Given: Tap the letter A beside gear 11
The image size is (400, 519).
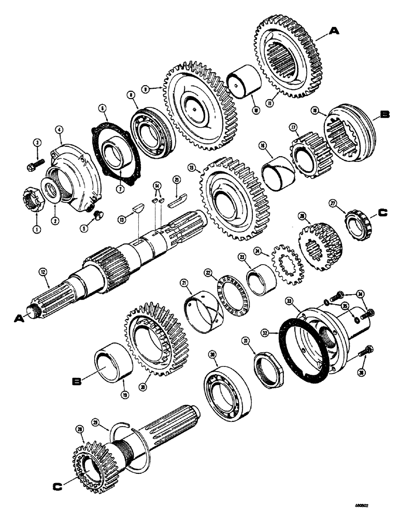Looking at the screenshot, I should point(335,31).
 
